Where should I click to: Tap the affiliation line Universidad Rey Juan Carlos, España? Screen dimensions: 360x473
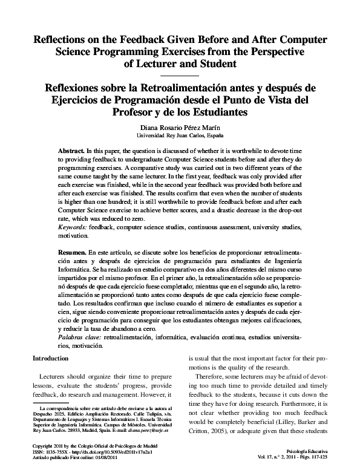[180, 136]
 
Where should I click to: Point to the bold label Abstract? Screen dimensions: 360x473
[71, 149]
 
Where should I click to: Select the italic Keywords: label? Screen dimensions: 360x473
[73, 226]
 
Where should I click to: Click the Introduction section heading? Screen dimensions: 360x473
[49, 359]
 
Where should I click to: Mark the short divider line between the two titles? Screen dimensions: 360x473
[180, 74]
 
